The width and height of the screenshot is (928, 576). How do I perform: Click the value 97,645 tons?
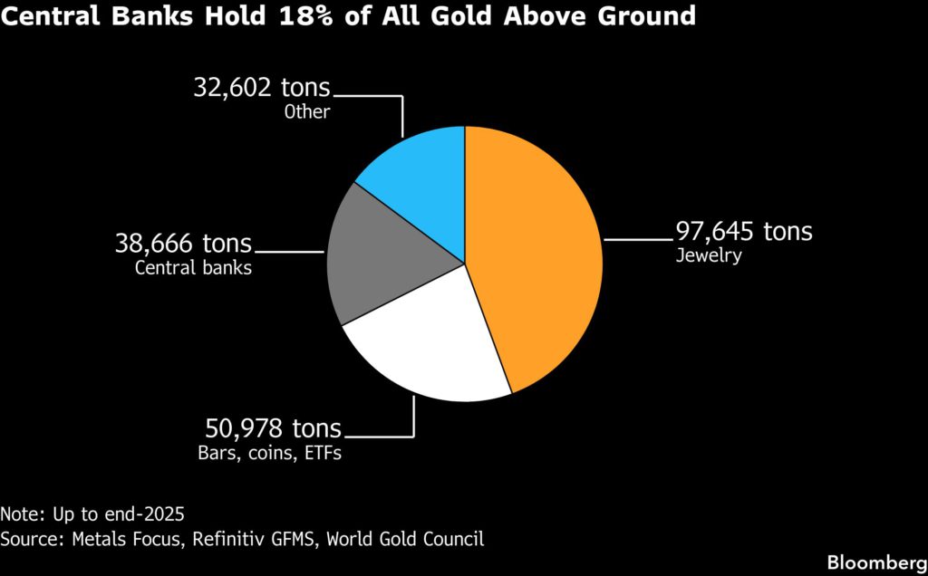(x=743, y=232)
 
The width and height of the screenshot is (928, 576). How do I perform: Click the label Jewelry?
(x=709, y=256)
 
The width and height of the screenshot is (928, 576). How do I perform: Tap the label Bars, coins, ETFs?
(x=269, y=453)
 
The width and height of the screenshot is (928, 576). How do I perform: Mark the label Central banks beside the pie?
(x=193, y=268)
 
